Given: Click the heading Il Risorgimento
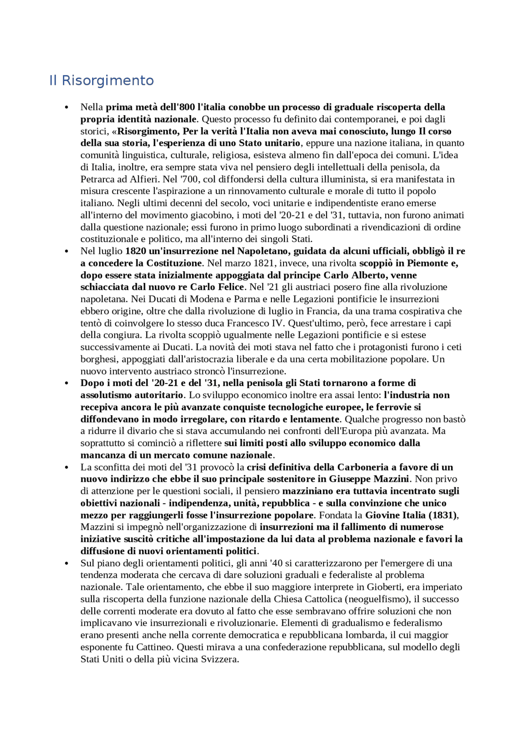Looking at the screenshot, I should coord(101,80).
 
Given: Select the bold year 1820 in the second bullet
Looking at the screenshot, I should coord(136,251).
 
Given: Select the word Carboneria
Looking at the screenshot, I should coord(363,467).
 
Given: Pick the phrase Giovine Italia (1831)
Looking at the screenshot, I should coord(411,515).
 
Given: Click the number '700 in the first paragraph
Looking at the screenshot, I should coord(189,179).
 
